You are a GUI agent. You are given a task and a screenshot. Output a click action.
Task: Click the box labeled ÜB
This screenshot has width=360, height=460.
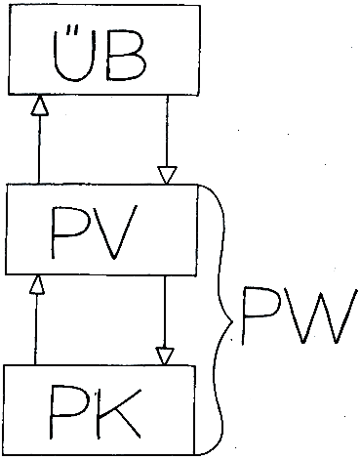(x=104, y=51)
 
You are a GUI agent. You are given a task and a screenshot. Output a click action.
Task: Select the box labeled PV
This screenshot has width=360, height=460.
(x=101, y=230)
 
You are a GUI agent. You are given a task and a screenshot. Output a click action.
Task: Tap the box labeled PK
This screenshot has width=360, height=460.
(x=100, y=410)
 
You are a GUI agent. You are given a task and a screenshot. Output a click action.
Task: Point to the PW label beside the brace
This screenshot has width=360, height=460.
(x=299, y=315)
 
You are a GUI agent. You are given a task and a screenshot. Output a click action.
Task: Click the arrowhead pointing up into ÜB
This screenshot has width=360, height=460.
(x=40, y=105)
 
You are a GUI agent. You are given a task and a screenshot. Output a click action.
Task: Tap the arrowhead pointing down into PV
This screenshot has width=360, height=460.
(x=167, y=175)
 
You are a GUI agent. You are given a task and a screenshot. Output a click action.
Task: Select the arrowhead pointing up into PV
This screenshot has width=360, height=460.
(x=37, y=285)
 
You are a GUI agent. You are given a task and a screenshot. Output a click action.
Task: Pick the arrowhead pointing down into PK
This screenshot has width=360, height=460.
(x=165, y=355)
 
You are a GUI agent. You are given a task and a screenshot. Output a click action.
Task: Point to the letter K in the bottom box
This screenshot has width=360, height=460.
(x=120, y=413)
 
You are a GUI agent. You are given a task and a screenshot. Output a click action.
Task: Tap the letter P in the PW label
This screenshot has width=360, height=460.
(x=261, y=315)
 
